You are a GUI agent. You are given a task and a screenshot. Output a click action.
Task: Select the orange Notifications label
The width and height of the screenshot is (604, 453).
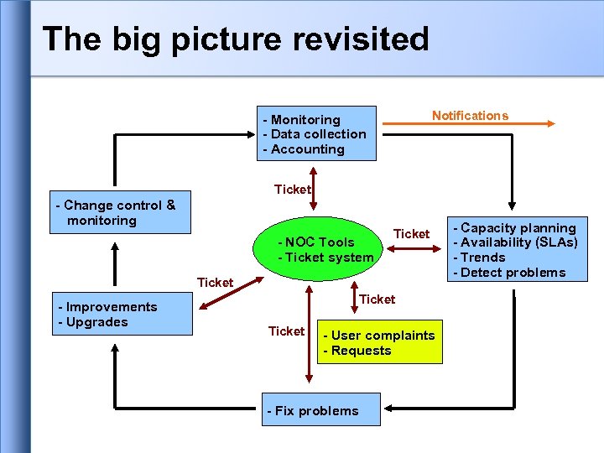click(470, 116)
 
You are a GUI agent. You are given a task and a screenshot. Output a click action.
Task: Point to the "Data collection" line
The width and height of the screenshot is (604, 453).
click(319, 134)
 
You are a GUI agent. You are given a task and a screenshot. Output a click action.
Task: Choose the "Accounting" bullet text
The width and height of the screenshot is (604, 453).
click(308, 149)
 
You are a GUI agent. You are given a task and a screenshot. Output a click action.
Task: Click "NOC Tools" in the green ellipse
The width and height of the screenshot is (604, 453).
click(320, 242)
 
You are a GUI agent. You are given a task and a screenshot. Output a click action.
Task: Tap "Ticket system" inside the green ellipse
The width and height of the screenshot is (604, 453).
click(329, 258)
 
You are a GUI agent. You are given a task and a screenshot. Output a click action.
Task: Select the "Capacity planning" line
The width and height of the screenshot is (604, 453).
click(518, 228)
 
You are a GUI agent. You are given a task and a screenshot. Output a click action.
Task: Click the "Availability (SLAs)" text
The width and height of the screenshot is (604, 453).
click(520, 242)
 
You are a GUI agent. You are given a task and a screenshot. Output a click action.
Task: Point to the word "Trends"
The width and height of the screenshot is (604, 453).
click(484, 258)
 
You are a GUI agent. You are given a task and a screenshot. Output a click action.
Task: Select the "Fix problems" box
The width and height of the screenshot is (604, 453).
click(312, 411)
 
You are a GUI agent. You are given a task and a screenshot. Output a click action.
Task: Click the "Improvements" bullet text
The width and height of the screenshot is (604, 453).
click(111, 307)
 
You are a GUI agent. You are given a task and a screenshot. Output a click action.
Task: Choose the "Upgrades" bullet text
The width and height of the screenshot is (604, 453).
click(96, 322)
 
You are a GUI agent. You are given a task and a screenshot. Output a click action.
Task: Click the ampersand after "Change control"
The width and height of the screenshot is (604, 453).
click(170, 205)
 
